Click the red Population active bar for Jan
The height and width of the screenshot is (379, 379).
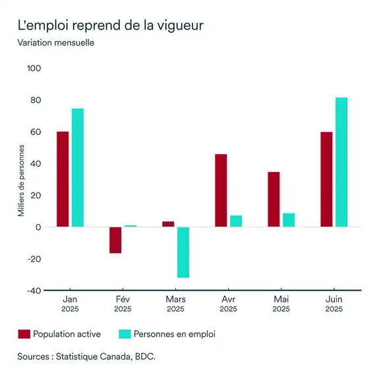pyautogui.click(x=63, y=179)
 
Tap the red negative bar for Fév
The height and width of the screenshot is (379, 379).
pyautogui.click(x=115, y=240)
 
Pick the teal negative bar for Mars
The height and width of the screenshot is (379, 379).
pyautogui.click(x=183, y=252)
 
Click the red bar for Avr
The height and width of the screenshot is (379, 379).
pyautogui.click(x=221, y=190)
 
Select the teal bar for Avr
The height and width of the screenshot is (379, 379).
pyautogui.click(x=236, y=221)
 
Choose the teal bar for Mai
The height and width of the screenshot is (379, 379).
pyautogui.click(x=289, y=219)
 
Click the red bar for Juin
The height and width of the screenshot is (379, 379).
pyautogui.click(x=326, y=179)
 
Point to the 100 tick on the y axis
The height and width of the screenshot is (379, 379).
pyautogui.click(x=34, y=69)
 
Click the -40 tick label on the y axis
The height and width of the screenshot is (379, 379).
pyautogui.click(x=34, y=290)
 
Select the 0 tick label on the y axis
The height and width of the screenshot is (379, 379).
pyautogui.click(x=38, y=227)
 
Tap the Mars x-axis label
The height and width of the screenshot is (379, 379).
pyautogui.click(x=175, y=299)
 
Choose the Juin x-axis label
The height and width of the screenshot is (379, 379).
pyautogui.click(x=334, y=299)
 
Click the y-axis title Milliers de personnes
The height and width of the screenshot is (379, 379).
pyautogui.click(x=21, y=180)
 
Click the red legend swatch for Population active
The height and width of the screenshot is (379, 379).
pyautogui.click(x=24, y=334)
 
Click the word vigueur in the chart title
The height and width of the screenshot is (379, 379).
pyautogui.click(x=179, y=26)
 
